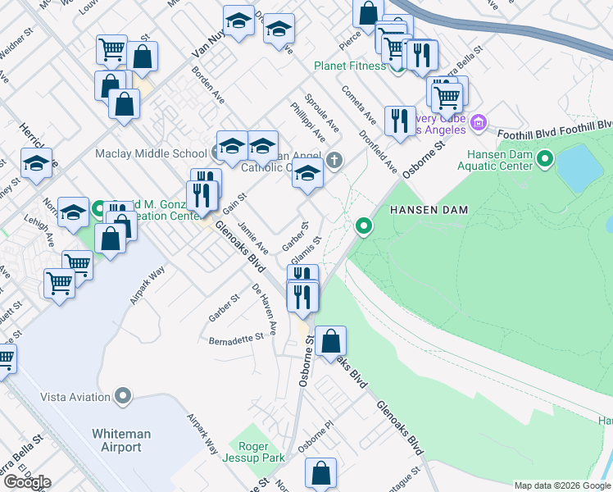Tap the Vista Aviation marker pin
click(x=124, y=397)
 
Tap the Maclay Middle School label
click(x=151, y=153)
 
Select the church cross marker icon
click(x=334, y=159)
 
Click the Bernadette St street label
click(x=236, y=338)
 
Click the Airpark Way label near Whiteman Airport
click(x=202, y=434)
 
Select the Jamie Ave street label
click(x=252, y=237)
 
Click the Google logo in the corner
click(x=26, y=482)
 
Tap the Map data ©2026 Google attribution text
click(x=562, y=485)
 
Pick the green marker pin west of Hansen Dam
click(x=363, y=225)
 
